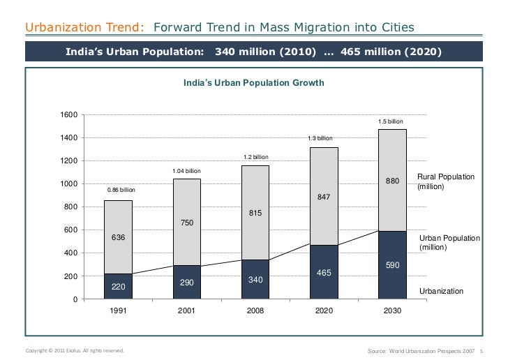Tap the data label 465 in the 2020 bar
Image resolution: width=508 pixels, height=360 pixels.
tap(323, 273)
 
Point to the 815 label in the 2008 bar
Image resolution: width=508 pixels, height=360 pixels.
tap(255, 213)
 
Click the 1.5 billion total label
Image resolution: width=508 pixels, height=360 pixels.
tap(391, 121)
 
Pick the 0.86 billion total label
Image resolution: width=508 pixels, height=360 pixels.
tap(121, 190)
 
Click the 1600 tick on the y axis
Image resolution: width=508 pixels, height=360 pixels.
tap(68, 115)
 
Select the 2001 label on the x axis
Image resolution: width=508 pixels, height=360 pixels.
tap(186, 312)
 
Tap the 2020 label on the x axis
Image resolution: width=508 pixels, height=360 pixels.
tap(323, 312)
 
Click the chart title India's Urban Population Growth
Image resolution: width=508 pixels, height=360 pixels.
tap(253, 83)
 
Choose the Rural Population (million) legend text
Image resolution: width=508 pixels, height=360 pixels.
tap(445, 183)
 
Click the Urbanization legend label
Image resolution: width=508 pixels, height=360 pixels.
tap(441, 290)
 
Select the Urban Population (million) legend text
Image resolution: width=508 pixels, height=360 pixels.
tap(449, 243)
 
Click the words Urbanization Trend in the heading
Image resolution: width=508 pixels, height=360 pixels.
tap(85, 28)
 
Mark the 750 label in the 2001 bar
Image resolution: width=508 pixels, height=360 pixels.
tap(186, 223)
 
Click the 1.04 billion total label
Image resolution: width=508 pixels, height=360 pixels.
tap(186, 171)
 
